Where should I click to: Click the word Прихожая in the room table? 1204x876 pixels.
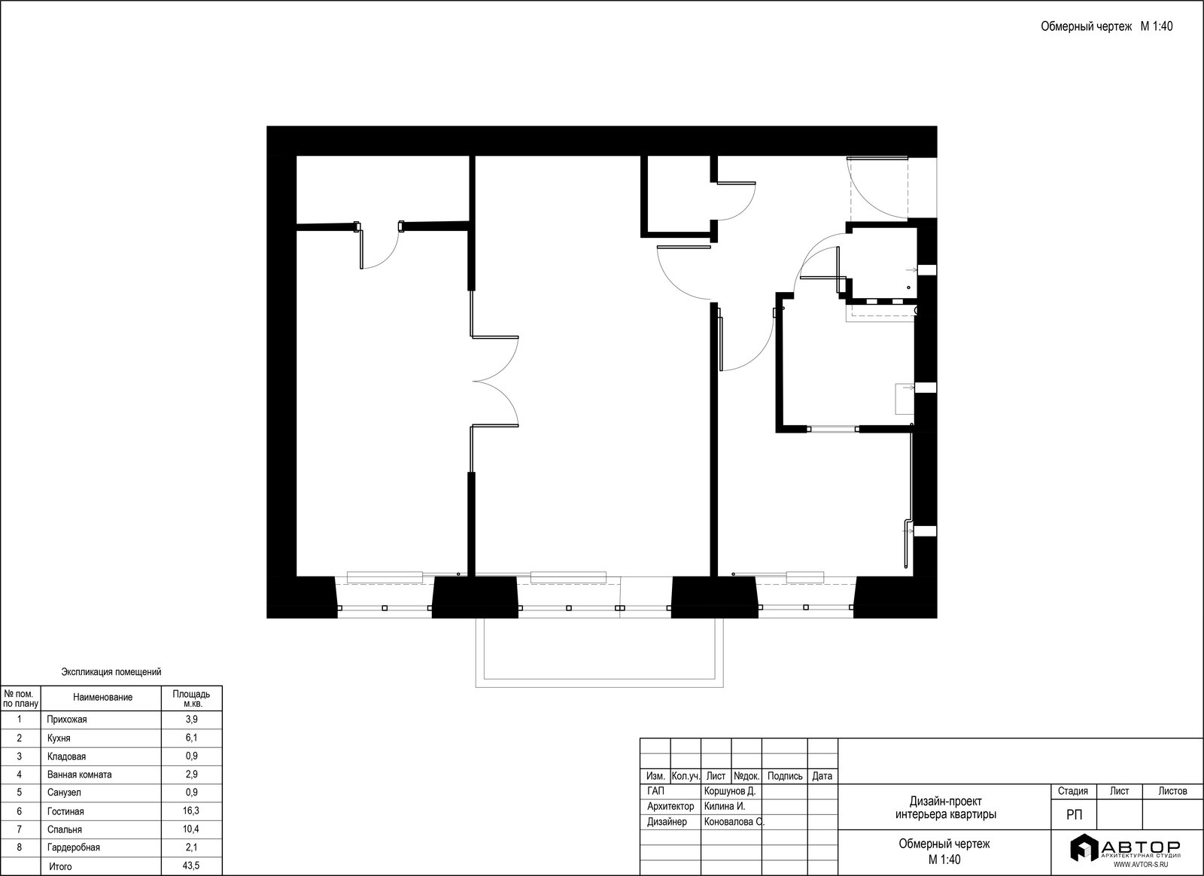tap(67, 719)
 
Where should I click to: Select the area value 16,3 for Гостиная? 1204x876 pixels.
tap(191, 811)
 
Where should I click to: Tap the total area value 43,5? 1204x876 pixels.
tap(191, 866)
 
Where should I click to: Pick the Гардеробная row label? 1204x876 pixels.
tap(74, 847)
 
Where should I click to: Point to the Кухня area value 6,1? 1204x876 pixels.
tap(191, 738)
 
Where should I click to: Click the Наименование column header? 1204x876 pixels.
tap(102, 698)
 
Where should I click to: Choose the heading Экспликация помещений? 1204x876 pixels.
tap(111, 672)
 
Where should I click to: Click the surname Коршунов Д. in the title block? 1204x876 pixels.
tap(730, 791)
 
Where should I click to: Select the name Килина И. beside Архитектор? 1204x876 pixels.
tap(725, 806)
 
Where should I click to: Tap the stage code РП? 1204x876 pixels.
tap(1074, 815)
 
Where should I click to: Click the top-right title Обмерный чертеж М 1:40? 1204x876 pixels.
tap(1107, 26)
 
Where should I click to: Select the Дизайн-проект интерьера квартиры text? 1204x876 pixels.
tap(945, 808)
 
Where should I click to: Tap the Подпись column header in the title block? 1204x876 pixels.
tap(785, 776)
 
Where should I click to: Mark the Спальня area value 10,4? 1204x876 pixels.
tap(191, 829)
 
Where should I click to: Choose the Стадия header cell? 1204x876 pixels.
tap(1073, 791)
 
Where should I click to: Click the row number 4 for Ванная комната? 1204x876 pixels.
tap(20, 774)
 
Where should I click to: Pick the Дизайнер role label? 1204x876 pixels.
tap(667, 822)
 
